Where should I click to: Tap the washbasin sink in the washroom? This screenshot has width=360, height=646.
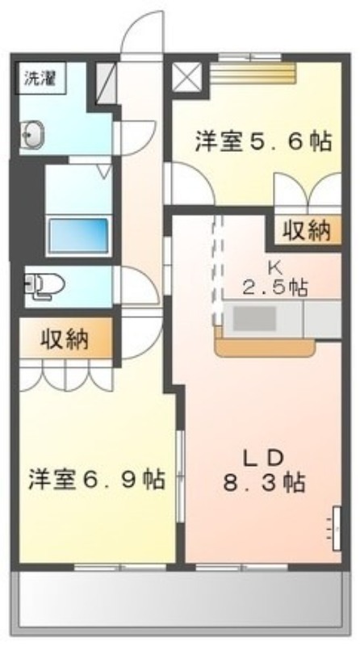(x=32, y=133)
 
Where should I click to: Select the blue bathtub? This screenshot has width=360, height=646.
(x=78, y=235)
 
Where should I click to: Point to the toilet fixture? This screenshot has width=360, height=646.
(x=44, y=285)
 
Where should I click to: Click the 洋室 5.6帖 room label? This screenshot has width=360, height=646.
(x=263, y=141)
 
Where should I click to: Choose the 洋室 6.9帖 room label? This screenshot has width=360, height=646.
(x=97, y=479)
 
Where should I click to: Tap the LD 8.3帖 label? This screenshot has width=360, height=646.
(x=264, y=471)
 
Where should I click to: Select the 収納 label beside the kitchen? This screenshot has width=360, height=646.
(x=307, y=231)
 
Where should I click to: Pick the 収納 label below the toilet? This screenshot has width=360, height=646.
(x=65, y=339)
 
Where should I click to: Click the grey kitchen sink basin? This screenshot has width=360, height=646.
(x=254, y=319)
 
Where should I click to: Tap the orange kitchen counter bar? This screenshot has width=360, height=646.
(x=265, y=346)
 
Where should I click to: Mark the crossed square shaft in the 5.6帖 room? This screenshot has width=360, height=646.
(x=186, y=77)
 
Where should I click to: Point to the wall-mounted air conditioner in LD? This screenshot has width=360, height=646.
(x=337, y=528)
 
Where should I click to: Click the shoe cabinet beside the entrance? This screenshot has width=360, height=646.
(x=107, y=83)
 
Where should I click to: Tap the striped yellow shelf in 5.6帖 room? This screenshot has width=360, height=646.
(x=253, y=73)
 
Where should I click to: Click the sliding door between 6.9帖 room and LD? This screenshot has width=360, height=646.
(x=179, y=476)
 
